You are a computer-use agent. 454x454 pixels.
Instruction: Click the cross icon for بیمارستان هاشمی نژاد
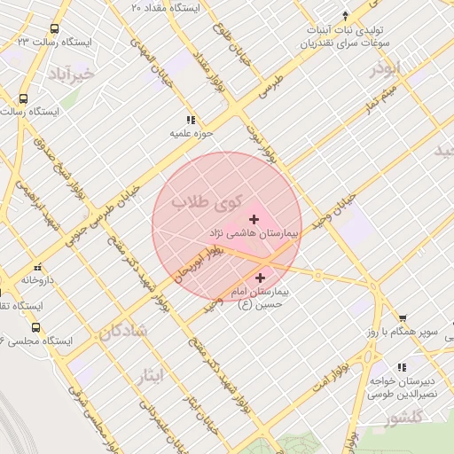(x=254, y=219)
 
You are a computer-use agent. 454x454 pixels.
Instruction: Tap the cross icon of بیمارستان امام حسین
(x=259, y=278)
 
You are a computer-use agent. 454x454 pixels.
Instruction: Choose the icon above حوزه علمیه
(x=190, y=120)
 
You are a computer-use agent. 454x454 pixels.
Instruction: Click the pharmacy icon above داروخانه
(x=37, y=267)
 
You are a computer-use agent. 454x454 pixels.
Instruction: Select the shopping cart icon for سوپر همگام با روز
(x=403, y=318)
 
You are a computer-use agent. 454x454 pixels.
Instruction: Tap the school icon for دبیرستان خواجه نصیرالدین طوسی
(x=402, y=367)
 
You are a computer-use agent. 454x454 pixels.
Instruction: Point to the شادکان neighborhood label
(x=121, y=332)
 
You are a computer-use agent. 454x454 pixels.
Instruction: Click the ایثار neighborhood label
(x=152, y=376)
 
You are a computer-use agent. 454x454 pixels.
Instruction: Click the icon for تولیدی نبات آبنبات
(x=345, y=15)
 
